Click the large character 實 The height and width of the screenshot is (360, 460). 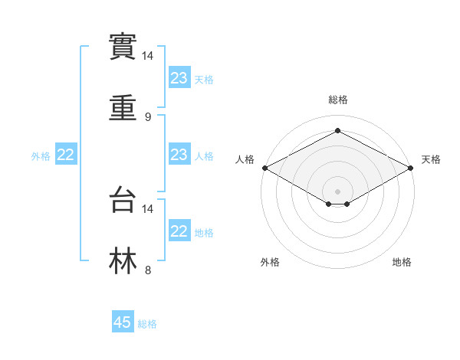(x=123, y=48)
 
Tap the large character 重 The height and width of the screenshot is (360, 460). (x=123, y=108)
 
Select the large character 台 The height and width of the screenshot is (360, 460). (x=123, y=201)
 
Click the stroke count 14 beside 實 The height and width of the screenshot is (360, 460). (x=148, y=57)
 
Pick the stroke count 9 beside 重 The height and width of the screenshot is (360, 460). (x=148, y=116)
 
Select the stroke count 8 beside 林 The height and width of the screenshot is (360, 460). (x=148, y=269)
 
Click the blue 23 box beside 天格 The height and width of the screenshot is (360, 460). (x=179, y=78)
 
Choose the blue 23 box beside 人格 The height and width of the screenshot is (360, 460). (x=179, y=155)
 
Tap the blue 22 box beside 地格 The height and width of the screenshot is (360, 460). (x=179, y=231)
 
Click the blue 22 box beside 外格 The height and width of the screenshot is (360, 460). (x=66, y=155)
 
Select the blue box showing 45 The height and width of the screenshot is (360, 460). (x=123, y=322)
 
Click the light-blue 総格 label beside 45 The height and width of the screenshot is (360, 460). (x=147, y=324)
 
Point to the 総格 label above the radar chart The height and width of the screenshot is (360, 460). (x=337, y=100)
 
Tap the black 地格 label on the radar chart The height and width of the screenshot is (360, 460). (x=402, y=262)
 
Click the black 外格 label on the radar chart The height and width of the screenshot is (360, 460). (x=270, y=262)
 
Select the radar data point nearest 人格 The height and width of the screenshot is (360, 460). (x=264, y=168)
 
